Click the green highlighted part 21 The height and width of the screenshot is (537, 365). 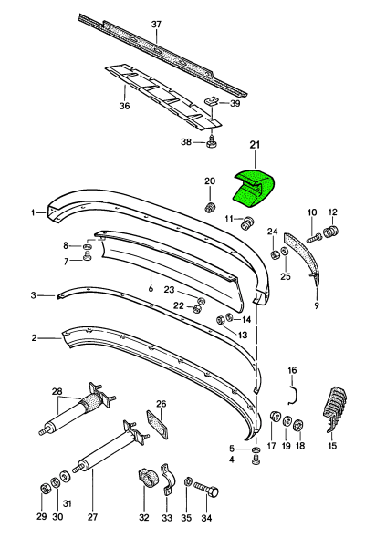pyautogui.click(x=254, y=189)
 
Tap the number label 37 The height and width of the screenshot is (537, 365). pyautogui.click(x=156, y=25)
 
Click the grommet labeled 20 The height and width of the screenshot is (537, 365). pyautogui.click(x=209, y=207)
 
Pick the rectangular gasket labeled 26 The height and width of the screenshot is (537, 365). pyautogui.click(x=158, y=424)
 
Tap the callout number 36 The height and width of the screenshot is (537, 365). pyautogui.click(x=124, y=106)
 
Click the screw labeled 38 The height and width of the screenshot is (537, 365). pyautogui.click(x=212, y=142)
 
